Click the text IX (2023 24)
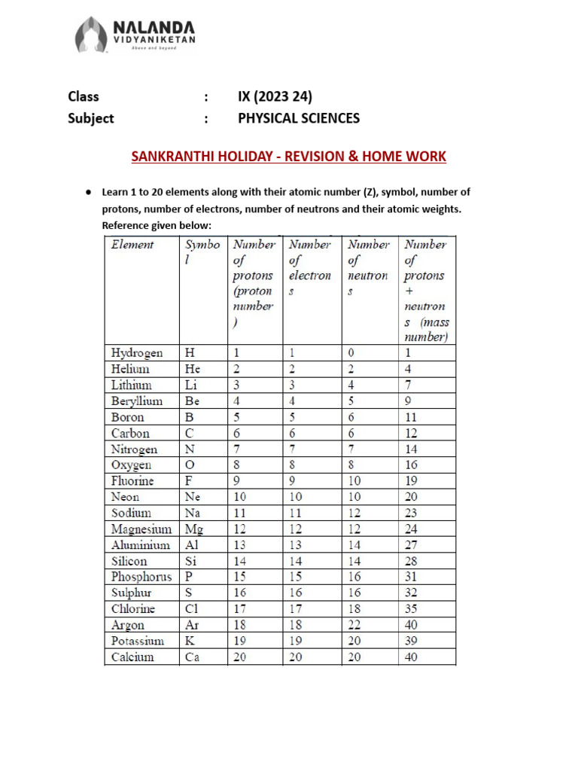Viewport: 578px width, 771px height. (x=275, y=96)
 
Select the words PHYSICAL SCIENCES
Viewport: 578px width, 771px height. (x=299, y=118)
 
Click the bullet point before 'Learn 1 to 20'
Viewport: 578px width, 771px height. (x=88, y=193)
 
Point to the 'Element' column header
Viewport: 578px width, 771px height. (x=132, y=245)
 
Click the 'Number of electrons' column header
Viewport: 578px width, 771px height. (x=310, y=267)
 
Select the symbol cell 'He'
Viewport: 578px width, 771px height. (x=193, y=369)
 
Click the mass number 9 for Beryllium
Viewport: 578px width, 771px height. (x=408, y=401)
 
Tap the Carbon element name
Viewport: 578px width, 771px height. (x=130, y=433)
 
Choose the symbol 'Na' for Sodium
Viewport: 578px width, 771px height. (x=193, y=513)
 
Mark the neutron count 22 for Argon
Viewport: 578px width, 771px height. (x=354, y=625)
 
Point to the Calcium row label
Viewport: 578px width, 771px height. (x=132, y=657)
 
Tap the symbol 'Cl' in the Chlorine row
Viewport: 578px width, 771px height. (x=192, y=609)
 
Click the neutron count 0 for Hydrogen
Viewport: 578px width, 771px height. (x=351, y=353)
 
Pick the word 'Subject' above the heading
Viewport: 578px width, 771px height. (x=90, y=118)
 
